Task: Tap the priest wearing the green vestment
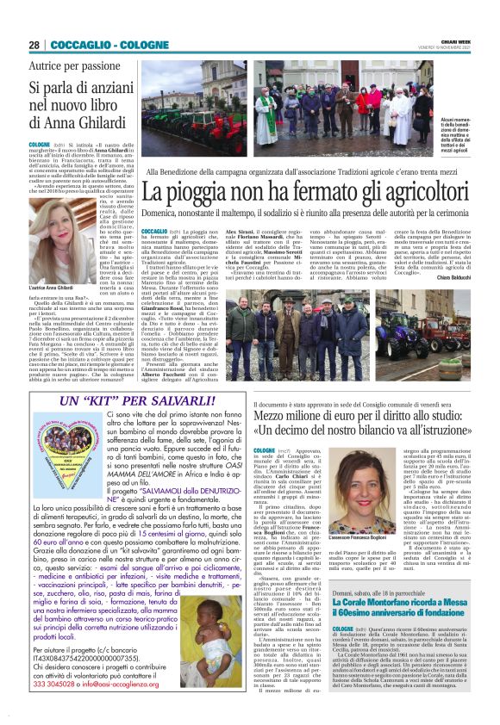coord(266,115)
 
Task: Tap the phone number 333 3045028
coord(59,706)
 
